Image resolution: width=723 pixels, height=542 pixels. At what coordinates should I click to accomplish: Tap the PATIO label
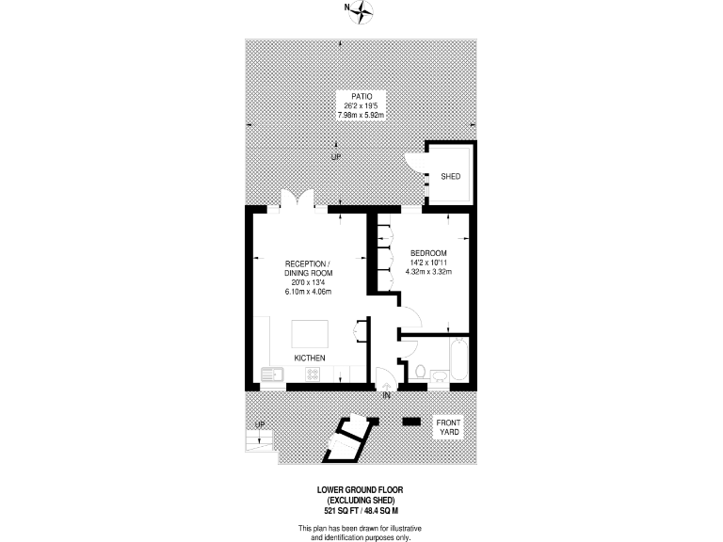[x=361, y=96]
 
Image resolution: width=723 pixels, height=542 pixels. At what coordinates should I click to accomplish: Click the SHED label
[x=450, y=176]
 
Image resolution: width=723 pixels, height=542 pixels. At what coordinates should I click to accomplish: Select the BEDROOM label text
[x=428, y=253]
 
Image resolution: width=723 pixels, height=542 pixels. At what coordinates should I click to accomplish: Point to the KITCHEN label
[x=310, y=359]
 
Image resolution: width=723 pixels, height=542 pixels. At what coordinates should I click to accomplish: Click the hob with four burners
[x=312, y=375]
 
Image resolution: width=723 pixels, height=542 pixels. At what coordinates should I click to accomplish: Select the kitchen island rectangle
[x=310, y=335]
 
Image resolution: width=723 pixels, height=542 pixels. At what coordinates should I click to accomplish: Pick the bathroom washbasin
[x=440, y=375]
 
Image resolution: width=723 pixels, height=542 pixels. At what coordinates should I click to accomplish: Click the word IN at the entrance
[x=387, y=394]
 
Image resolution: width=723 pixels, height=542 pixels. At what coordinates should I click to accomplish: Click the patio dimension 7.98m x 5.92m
[x=361, y=115]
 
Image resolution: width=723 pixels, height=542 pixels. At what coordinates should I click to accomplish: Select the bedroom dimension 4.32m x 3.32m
[x=428, y=273]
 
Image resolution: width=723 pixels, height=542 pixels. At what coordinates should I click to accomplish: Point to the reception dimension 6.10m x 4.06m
[x=308, y=292]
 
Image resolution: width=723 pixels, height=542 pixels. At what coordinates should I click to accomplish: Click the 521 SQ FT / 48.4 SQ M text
[x=361, y=509]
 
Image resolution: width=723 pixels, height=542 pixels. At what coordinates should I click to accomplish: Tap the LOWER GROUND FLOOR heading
[x=361, y=490]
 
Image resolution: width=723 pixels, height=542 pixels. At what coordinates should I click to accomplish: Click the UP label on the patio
[x=336, y=156]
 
